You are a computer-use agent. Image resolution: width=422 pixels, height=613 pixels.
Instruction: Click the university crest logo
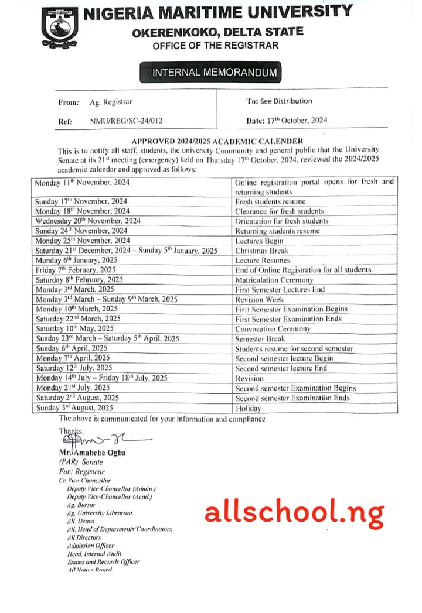pyautogui.click(x=58, y=28)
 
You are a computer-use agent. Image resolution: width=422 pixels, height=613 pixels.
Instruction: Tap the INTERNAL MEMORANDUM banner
pyautogui.click(x=210, y=73)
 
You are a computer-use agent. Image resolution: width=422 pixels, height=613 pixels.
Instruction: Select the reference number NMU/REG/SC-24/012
pyautogui.click(x=126, y=121)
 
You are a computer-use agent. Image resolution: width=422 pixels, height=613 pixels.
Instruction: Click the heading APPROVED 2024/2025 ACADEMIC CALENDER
pyautogui.click(x=217, y=141)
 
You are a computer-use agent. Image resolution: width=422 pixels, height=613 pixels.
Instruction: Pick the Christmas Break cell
pyautogui.click(x=261, y=251)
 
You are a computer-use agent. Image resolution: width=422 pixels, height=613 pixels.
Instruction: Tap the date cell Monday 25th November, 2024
pyautogui.click(x=83, y=241)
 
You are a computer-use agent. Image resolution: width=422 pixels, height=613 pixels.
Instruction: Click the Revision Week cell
pyautogui.click(x=259, y=299)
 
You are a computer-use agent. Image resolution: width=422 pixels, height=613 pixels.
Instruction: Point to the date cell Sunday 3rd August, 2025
pyautogui.click(x=74, y=408)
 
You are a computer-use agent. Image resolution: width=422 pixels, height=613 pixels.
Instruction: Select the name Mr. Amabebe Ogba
pyautogui.click(x=93, y=453)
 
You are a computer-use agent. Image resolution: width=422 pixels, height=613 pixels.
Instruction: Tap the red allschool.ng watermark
pyautogui.click(x=294, y=512)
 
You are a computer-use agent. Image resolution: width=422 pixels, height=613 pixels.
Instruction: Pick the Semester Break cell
pyautogui.click(x=260, y=338)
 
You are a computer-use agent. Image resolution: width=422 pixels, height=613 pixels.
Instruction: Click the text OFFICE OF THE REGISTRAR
pyautogui.click(x=215, y=46)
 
